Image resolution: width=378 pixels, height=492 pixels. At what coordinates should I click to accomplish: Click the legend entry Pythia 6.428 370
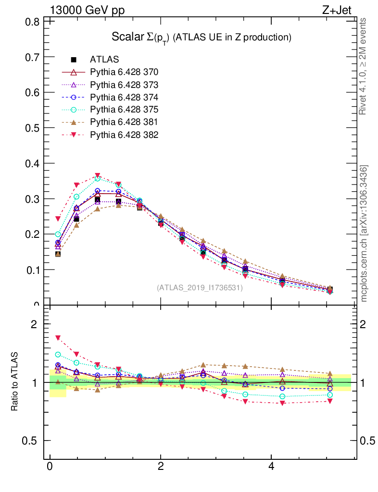pos(124,72)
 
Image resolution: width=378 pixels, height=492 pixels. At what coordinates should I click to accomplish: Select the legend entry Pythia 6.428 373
pos(124,85)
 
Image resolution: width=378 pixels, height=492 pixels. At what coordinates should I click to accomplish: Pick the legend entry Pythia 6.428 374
pos(124,97)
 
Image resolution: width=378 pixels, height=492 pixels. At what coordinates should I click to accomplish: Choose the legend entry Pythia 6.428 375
pos(124,110)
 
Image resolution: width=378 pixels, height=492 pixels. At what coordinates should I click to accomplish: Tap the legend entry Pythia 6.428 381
pos(124,122)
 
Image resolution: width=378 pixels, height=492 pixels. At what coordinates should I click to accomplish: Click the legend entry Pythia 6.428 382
pos(124,135)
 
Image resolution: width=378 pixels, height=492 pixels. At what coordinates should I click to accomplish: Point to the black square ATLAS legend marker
pos(74,60)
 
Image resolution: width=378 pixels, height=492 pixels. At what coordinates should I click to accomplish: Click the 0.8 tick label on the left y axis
pos(33,22)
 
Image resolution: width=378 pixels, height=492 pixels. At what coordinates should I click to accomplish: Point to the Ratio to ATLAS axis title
pos(14,382)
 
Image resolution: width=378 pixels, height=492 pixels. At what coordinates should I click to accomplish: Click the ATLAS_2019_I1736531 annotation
pos(200,288)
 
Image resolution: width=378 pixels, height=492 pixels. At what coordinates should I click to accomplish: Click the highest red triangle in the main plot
pos(98,176)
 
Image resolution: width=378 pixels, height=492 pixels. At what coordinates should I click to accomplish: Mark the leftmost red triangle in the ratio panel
pos(58,338)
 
